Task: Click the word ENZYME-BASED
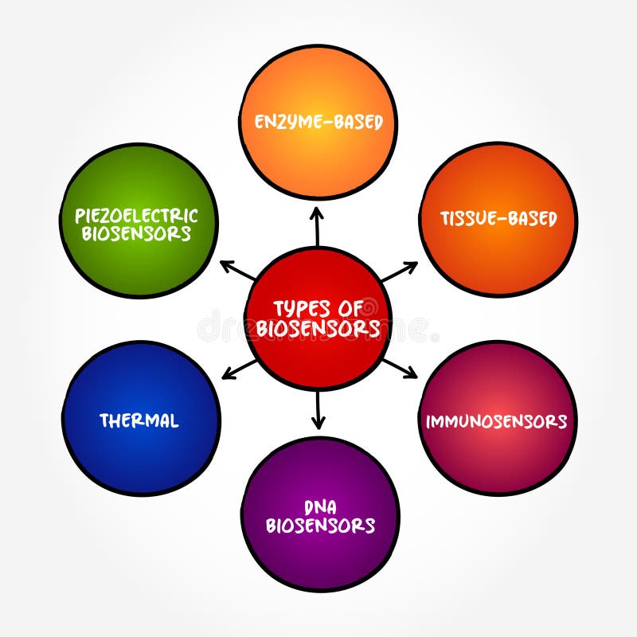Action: pos(318,122)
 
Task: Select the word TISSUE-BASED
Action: pos(499,218)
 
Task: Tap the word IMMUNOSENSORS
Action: pos(496,421)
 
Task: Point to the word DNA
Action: pos(320,507)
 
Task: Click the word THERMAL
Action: pos(139,420)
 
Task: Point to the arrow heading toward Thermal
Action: pos(239,368)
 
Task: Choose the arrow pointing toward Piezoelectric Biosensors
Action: pos(237,271)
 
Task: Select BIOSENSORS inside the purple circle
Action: pos(320,526)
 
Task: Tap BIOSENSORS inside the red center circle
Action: pos(318,328)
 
